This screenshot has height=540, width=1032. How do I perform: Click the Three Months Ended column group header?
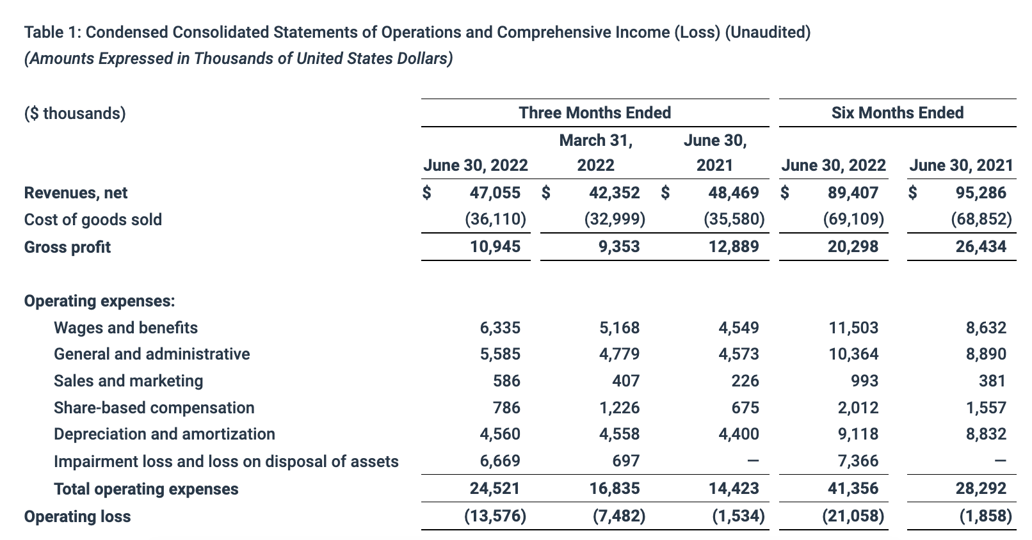coord(595,113)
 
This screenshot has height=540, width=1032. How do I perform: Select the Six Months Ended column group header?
coord(897,113)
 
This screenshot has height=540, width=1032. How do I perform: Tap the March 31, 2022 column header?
coord(595,153)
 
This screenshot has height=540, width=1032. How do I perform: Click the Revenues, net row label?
coord(76,193)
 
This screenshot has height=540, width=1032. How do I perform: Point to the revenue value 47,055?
coord(495,193)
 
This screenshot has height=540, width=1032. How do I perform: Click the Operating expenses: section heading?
coord(99,301)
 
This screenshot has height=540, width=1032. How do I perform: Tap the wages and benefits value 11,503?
coord(853,328)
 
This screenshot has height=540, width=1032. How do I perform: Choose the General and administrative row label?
coord(152,354)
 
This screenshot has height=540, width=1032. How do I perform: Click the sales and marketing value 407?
coord(625,381)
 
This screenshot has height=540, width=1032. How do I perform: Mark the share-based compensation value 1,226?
coord(619,408)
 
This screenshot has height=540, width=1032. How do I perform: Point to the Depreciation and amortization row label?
coord(165,434)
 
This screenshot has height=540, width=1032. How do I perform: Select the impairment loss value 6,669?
coord(500,461)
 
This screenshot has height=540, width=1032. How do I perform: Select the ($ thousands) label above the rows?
coord(75,113)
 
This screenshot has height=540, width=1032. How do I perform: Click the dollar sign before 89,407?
coord(785,193)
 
